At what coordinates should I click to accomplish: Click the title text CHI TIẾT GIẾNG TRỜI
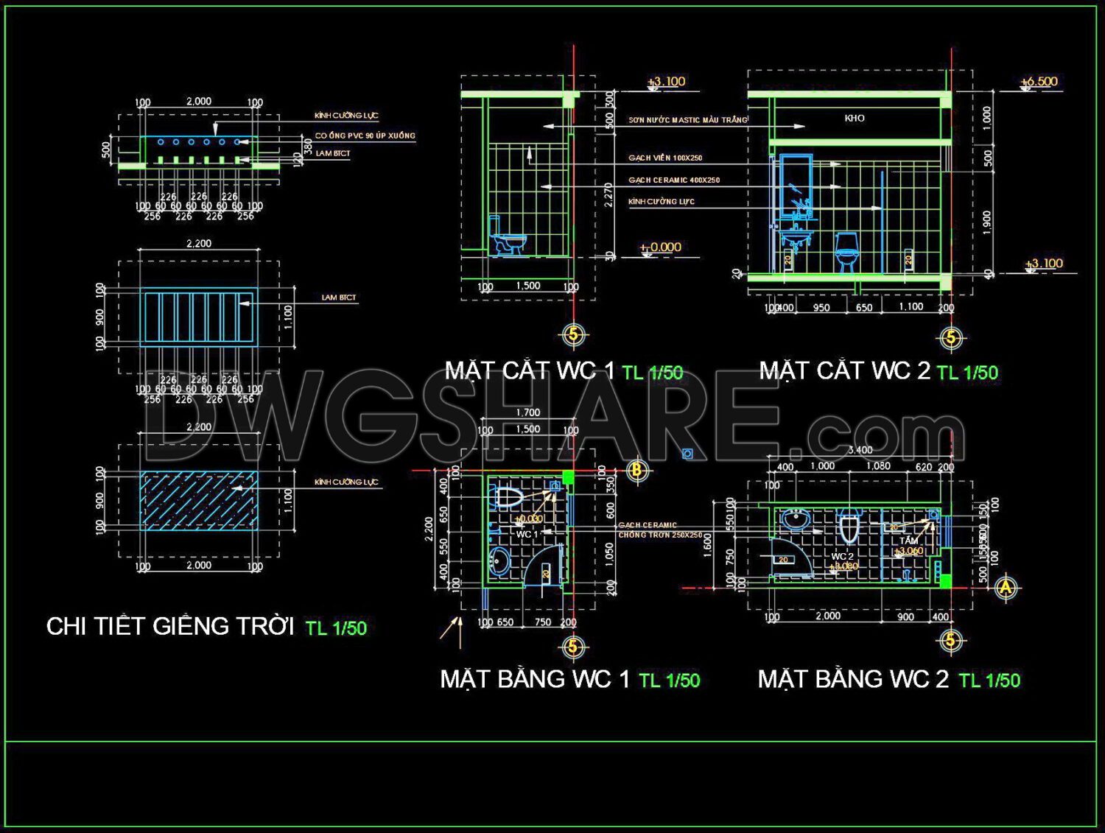click(170, 626)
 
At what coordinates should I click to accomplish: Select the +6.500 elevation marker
click(1040, 82)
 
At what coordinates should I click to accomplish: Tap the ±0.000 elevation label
click(661, 247)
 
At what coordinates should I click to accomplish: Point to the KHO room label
click(855, 118)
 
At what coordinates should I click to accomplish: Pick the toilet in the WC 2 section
click(846, 250)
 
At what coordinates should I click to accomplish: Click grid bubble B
click(637, 470)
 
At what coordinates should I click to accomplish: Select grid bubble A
click(1006, 587)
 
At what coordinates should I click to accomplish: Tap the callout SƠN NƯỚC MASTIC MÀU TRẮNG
click(687, 120)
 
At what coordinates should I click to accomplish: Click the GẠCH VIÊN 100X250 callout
click(665, 158)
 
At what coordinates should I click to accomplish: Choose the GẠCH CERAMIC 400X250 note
click(674, 180)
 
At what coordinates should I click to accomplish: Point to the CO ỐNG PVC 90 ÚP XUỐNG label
click(365, 136)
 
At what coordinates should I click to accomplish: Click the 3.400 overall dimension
click(860, 450)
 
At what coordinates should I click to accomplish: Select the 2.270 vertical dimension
click(608, 194)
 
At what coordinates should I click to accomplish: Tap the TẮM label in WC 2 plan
click(908, 541)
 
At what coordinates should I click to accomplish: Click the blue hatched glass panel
click(199, 501)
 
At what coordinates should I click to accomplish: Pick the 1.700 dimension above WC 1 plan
click(528, 413)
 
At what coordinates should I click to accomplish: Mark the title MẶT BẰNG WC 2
click(853, 679)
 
